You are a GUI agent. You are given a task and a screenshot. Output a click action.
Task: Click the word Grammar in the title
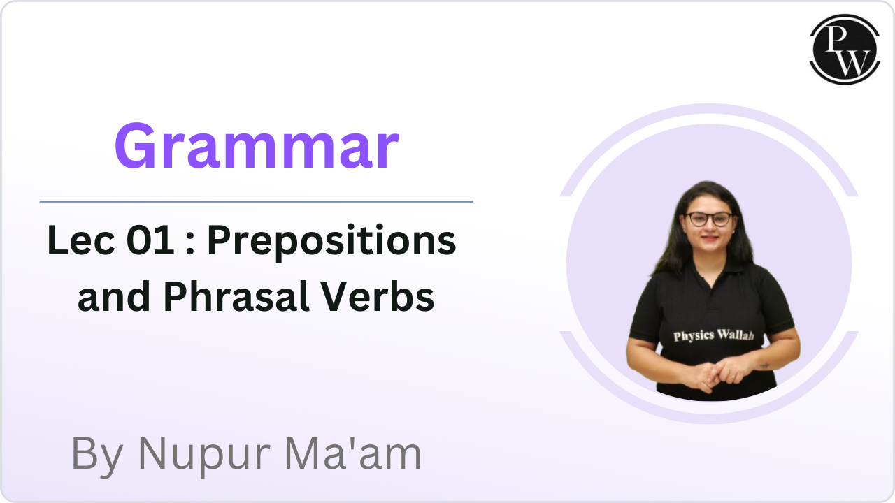[257, 147]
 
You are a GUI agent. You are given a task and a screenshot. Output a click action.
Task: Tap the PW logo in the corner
[845, 49]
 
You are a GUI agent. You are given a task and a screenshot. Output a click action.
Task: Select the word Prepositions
[331, 242]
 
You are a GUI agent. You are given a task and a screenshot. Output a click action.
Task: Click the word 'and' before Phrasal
[113, 298]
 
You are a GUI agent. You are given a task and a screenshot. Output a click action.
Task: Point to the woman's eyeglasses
[708, 219]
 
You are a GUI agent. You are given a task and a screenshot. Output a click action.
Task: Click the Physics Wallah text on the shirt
[713, 335]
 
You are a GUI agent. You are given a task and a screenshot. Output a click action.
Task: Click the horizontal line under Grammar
[256, 201]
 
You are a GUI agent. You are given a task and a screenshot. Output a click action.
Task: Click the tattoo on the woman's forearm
[765, 365]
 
